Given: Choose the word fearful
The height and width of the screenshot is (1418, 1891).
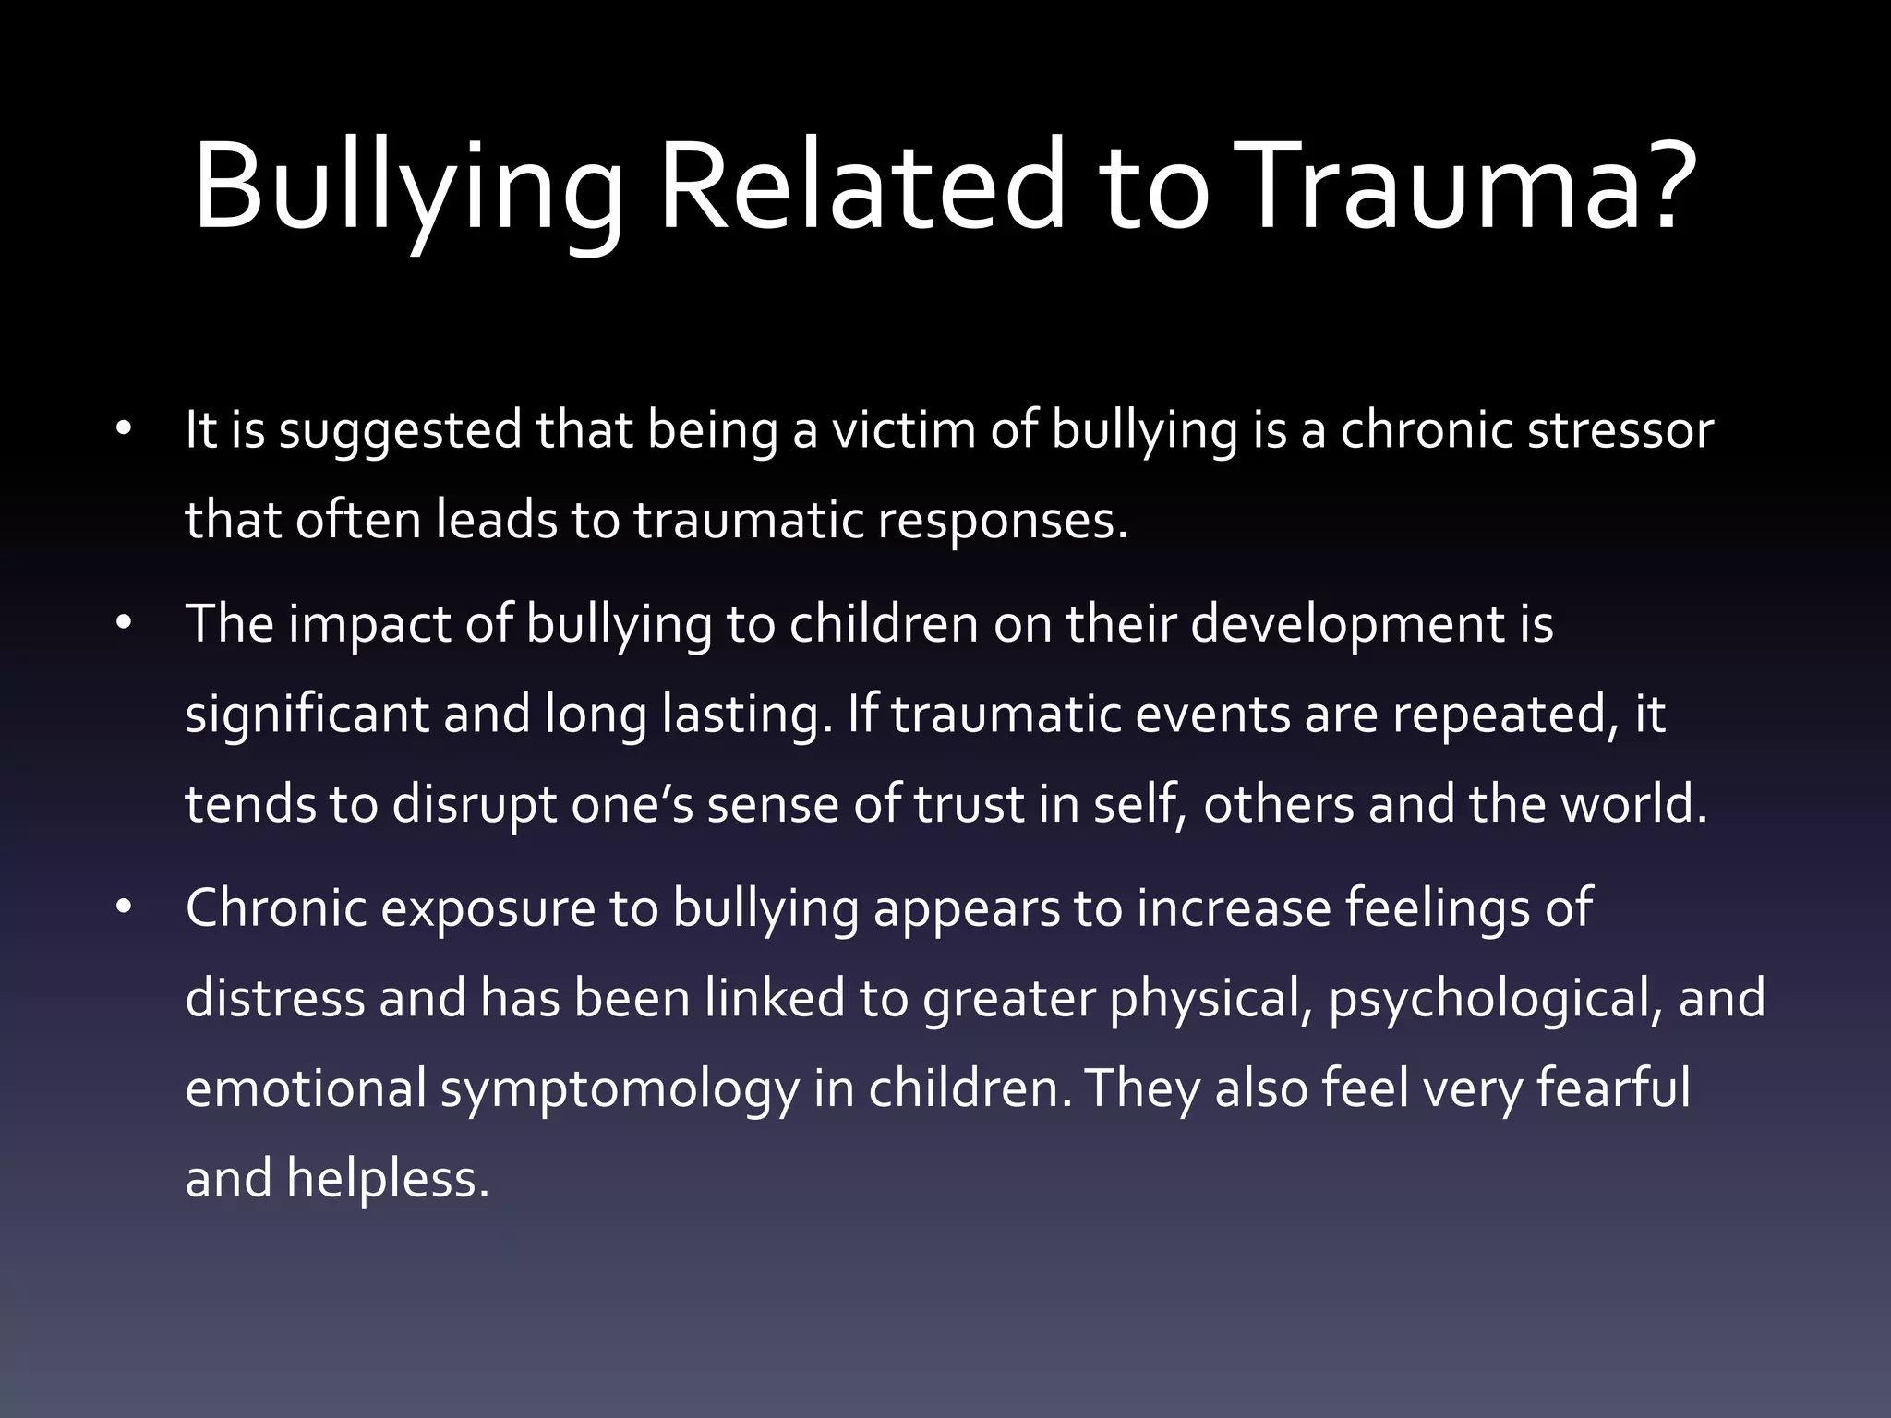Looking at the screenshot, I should (1613, 1088).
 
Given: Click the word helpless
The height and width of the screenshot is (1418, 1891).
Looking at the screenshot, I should (387, 1178).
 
